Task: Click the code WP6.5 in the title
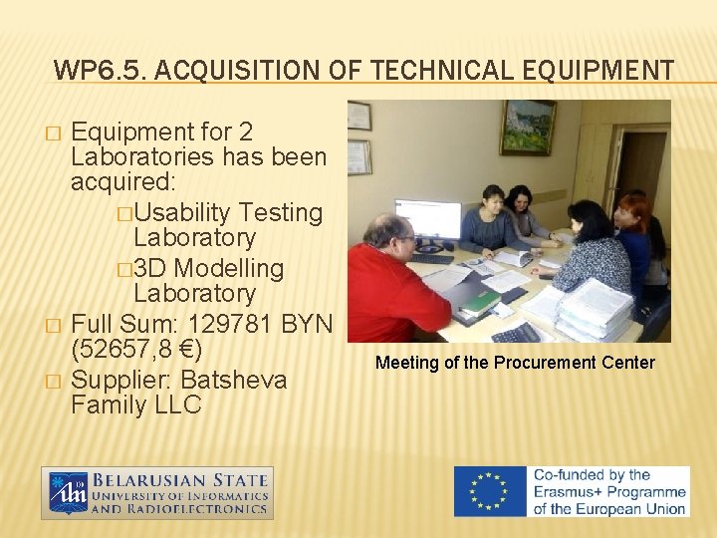tap(89, 70)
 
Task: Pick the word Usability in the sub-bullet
tap(186, 212)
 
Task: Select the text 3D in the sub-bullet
tap(151, 268)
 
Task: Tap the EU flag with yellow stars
tap(489, 491)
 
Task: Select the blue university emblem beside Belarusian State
tap(68, 492)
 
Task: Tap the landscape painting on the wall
tap(527, 126)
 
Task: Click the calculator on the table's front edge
tap(515, 333)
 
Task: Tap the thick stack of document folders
tap(594, 308)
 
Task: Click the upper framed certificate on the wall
tap(358, 116)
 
